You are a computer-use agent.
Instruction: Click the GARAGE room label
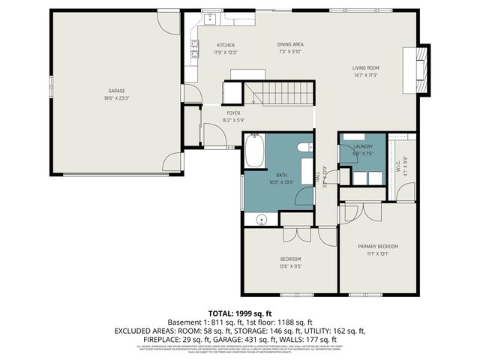(115, 90)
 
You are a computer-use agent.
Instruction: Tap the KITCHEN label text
(226, 45)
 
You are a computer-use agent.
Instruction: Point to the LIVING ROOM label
(367, 68)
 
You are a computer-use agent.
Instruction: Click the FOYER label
(233, 112)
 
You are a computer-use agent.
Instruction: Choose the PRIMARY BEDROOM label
(377, 246)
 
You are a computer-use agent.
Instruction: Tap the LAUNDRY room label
(363, 146)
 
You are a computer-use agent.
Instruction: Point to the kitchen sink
(209, 16)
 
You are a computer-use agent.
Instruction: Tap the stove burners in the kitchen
(195, 49)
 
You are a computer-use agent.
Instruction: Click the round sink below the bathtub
(262, 220)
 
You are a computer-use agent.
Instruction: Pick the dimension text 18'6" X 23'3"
(115, 97)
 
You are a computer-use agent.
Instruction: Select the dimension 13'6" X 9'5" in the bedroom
(290, 266)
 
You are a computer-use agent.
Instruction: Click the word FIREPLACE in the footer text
(133, 340)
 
